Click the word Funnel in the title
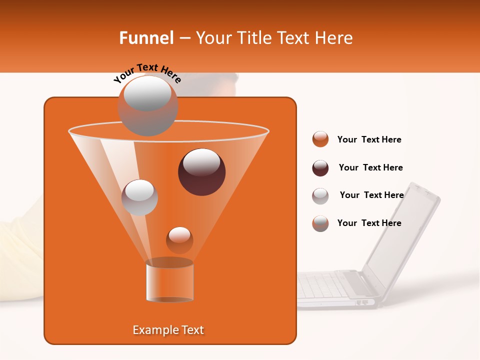click(x=146, y=38)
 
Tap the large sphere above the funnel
click(x=147, y=105)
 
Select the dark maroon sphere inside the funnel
click(x=201, y=172)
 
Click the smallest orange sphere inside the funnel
click(x=179, y=240)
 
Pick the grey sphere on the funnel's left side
click(x=139, y=197)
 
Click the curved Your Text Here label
click(x=147, y=73)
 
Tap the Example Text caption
click(x=168, y=330)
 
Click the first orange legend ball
click(x=320, y=139)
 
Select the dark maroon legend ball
click(x=320, y=168)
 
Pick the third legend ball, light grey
click(x=320, y=196)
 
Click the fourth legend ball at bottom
click(x=320, y=223)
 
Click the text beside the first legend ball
click(x=369, y=139)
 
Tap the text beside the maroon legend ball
click(x=370, y=167)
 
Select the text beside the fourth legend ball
click(x=369, y=223)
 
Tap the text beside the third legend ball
click(x=371, y=195)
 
